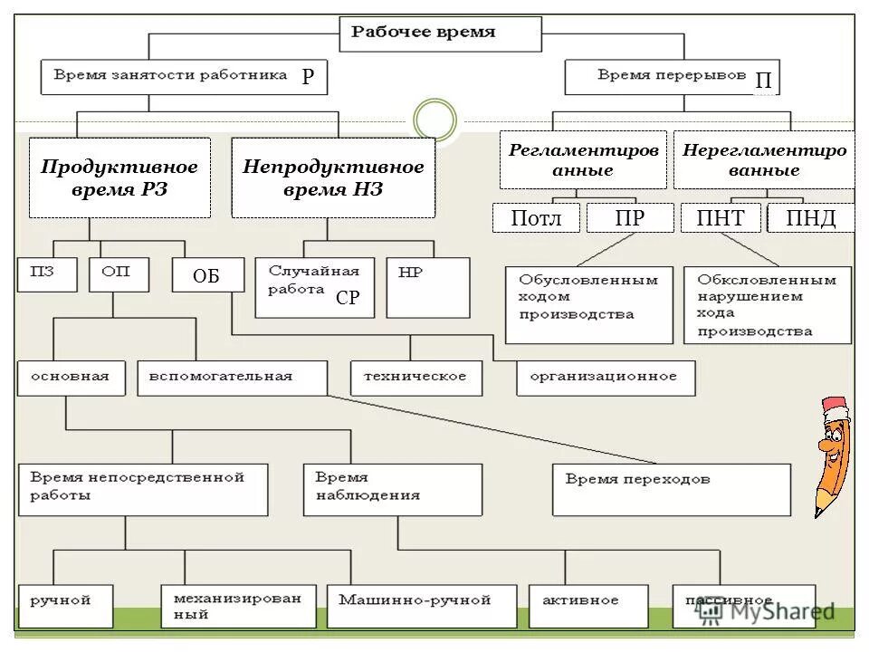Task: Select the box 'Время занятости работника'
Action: (x=184, y=77)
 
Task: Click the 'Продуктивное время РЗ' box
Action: (x=119, y=177)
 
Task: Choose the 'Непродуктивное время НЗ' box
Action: (x=333, y=177)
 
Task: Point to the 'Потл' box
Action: (x=536, y=218)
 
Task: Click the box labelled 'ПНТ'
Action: (x=721, y=218)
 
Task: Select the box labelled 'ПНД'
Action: (x=810, y=218)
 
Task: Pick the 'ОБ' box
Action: (x=207, y=275)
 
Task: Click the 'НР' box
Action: (x=427, y=287)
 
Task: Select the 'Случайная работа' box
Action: (x=314, y=287)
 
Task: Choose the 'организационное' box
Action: (x=606, y=378)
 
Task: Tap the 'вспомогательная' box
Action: (x=232, y=378)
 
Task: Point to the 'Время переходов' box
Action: (x=671, y=490)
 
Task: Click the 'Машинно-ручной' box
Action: (x=421, y=606)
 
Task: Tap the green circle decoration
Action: (x=435, y=120)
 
